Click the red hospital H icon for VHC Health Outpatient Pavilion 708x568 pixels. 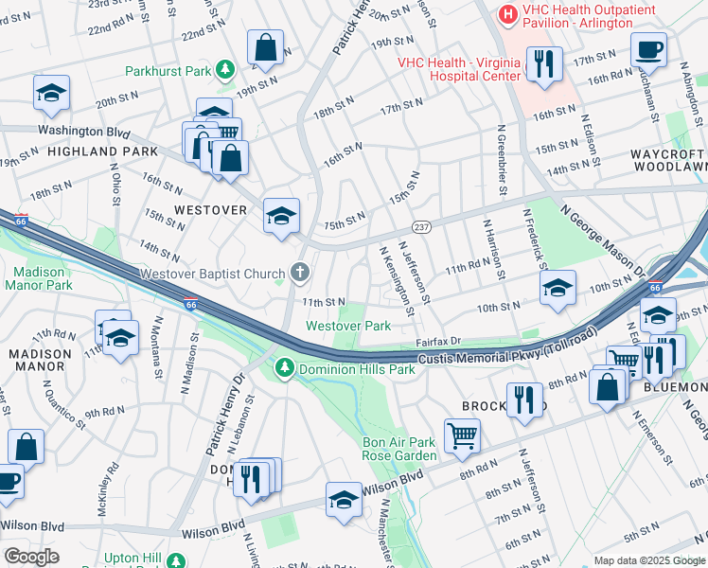coord(508,14)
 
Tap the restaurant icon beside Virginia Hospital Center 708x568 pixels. coord(543,64)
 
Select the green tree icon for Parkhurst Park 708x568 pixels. coord(224,69)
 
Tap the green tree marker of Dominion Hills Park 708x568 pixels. coord(282,367)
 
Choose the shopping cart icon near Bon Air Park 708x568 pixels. coord(462,435)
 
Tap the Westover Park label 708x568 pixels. coord(347,326)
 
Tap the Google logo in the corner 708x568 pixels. coord(30,557)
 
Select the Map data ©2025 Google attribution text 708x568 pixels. coord(648,560)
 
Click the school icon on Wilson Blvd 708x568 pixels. coord(344,501)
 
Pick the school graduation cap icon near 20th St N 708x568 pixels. coord(51,93)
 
